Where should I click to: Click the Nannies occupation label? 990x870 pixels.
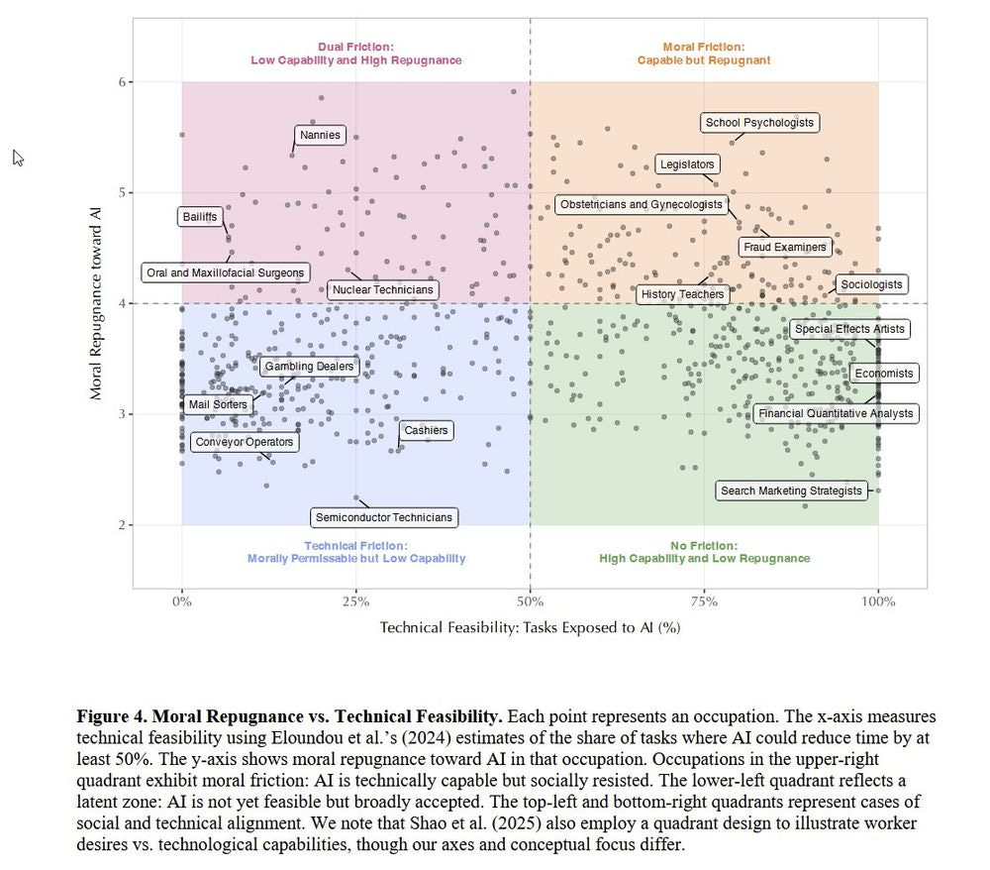pyautogui.click(x=320, y=135)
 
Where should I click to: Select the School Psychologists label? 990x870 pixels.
pyautogui.click(x=759, y=123)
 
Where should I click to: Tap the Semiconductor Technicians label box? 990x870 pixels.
pyautogui.click(x=383, y=517)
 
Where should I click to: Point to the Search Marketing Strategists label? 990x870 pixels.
pyautogui.click(x=791, y=490)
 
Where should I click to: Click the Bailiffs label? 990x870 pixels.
pyautogui.click(x=199, y=217)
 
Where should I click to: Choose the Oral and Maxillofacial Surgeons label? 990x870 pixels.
pyautogui.click(x=226, y=272)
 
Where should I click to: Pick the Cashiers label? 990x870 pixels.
pyautogui.click(x=426, y=430)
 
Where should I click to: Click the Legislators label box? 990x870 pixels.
pyautogui.click(x=687, y=164)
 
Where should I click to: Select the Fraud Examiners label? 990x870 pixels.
pyautogui.click(x=784, y=247)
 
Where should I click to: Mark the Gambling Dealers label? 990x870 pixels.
pyautogui.click(x=308, y=367)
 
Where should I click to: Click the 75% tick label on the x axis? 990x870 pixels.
pyautogui.click(x=704, y=601)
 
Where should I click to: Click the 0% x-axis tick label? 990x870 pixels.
pyautogui.click(x=182, y=601)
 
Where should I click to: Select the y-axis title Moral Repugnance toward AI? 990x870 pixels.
pyautogui.click(x=96, y=303)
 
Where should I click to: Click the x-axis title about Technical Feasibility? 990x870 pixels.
pyautogui.click(x=530, y=627)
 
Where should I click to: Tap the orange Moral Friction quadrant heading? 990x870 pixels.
pyautogui.click(x=703, y=54)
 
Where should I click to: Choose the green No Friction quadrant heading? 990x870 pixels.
pyautogui.click(x=704, y=552)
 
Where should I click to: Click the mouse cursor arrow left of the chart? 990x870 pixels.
pyautogui.click(x=18, y=158)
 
